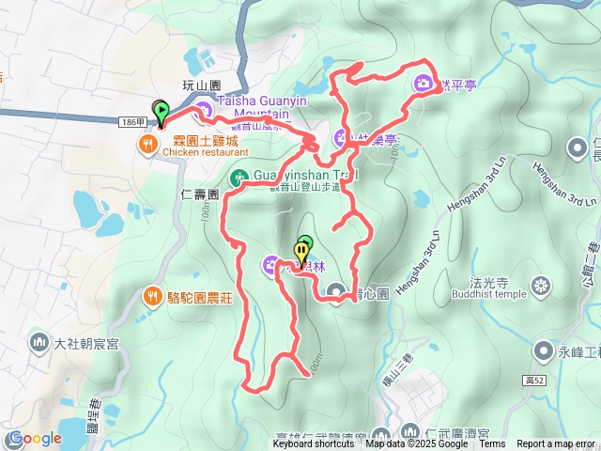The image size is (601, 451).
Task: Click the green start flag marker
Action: [x=161, y=113]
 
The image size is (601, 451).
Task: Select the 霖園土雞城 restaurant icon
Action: [x=148, y=145]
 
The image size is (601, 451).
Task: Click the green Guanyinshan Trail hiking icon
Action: [x=239, y=176]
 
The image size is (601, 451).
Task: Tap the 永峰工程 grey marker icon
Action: [x=543, y=351]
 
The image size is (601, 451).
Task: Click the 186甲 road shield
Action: [x=133, y=122]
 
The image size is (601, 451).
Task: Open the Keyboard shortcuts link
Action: [x=315, y=444]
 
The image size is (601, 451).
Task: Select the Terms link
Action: [x=492, y=444]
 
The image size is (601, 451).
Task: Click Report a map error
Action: [x=556, y=444]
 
